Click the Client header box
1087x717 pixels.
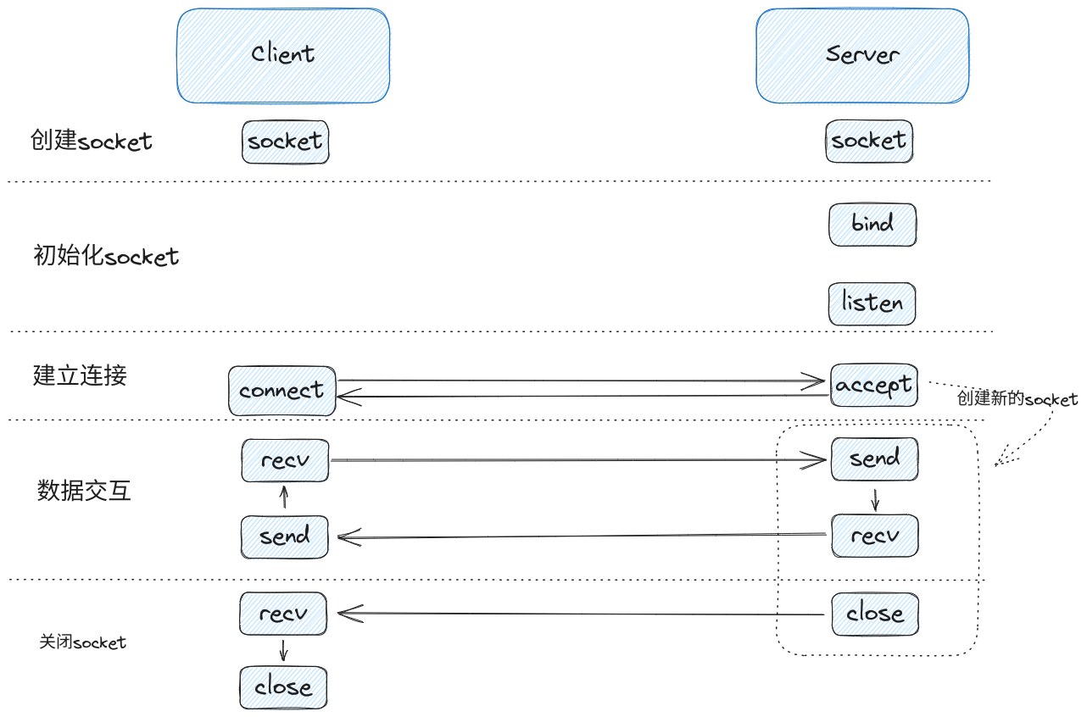click(x=283, y=56)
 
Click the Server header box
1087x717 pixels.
click(x=862, y=56)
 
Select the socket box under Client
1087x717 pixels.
click(x=285, y=142)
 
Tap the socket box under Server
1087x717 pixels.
click(x=868, y=141)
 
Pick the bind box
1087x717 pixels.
click(x=872, y=225)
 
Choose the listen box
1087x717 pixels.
click(x=872, y=303)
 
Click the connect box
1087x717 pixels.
click(x=282, y=391)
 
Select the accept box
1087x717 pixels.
click(x=873, y=386)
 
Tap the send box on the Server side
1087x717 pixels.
click(x=874, y=459)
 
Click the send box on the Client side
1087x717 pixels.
click(x=284, y=536)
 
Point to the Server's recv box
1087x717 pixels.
click(x=874, y=536)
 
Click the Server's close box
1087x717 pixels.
click(x=874, y=614)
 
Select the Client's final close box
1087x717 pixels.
click(x=283, y=687)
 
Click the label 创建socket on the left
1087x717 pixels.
click(x=91, y=141)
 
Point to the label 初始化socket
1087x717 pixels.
click(x=106, y=256)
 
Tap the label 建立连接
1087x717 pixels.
click(x=80, y=375)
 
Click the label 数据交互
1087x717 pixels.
click(x=84, y=491)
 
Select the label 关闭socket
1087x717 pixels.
click(x=82, y=642)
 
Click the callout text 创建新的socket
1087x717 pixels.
click(x=1017, y=399)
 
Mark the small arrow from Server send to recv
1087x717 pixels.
click(x=874, y=498)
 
